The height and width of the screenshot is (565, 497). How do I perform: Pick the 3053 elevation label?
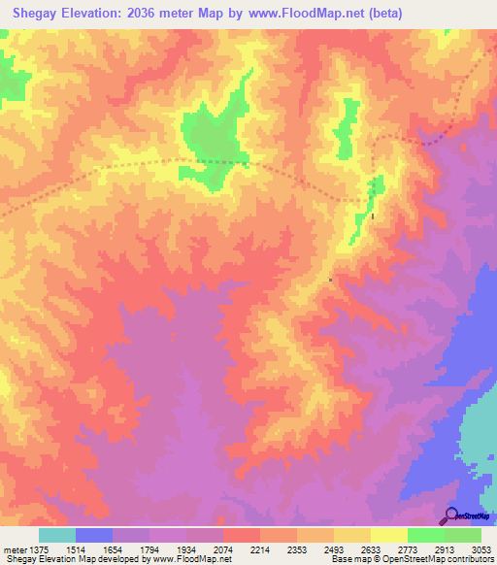480,550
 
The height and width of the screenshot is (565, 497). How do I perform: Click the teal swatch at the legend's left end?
57,535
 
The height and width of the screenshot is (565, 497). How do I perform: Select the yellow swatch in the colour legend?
388,535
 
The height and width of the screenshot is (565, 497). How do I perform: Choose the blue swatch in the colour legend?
94,535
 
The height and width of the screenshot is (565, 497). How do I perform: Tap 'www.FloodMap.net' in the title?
299,14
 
